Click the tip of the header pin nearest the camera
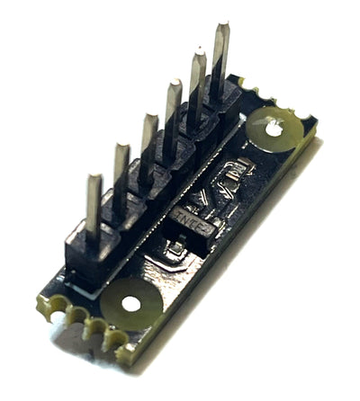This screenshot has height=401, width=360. click(93, 179)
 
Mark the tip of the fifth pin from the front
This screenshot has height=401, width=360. click(197, 55)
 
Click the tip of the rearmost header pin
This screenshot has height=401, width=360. click(220, 28)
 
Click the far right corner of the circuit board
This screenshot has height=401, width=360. click(318, 126)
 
